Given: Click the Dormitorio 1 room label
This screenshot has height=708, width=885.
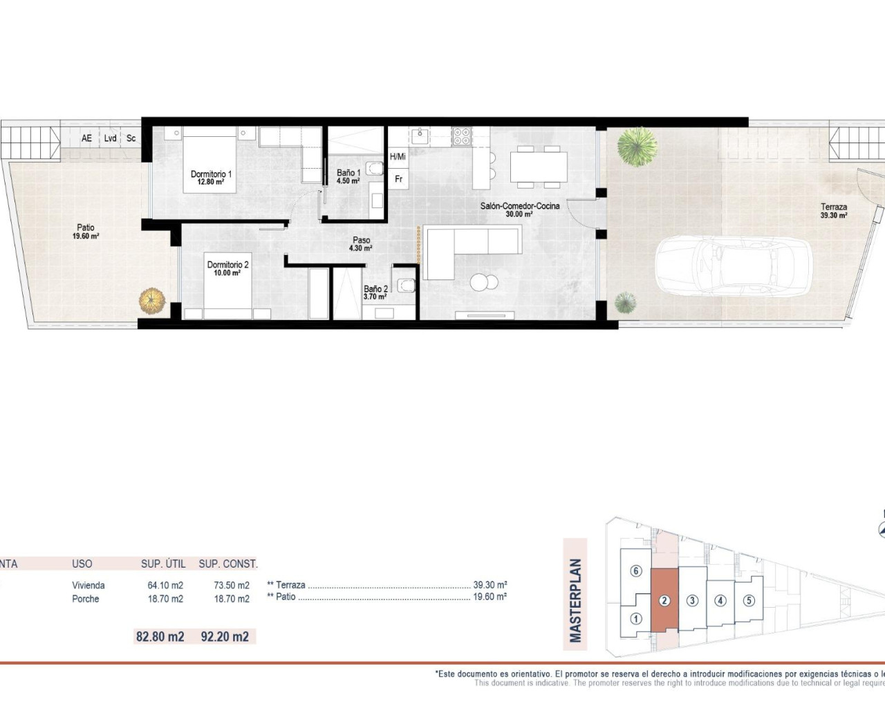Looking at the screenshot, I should point(211,174).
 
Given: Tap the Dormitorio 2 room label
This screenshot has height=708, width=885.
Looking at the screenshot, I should point(227,265).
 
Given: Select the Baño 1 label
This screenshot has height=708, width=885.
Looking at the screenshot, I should point(348,173).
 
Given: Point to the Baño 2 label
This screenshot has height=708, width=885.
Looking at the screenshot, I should point(375,289).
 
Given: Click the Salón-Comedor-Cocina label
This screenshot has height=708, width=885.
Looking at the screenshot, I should point(520,206).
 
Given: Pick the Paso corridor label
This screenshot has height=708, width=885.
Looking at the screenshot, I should point(361,241).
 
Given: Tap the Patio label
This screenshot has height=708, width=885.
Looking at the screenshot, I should point(86,227).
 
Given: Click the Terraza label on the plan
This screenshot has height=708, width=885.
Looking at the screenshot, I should point(834,207).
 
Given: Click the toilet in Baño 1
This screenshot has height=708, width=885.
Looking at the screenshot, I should point(375,168).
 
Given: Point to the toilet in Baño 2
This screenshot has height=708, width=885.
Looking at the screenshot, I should point(407,285).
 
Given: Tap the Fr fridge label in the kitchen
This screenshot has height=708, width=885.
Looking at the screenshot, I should point(398,179).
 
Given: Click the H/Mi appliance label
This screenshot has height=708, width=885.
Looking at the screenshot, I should point(398,157).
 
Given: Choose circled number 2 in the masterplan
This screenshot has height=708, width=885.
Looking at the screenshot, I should point(664,600).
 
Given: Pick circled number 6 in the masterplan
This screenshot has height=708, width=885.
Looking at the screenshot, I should point(636,571).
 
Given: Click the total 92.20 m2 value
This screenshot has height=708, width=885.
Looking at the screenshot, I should point(225,636).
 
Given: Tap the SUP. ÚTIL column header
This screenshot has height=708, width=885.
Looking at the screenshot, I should point(163,563).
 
